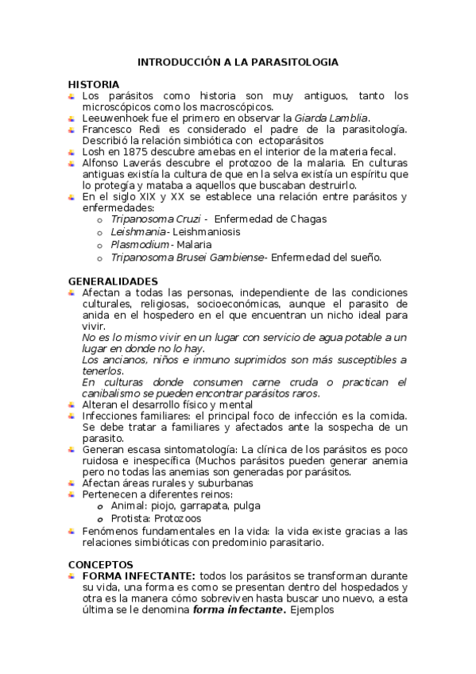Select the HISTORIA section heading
point(94,84)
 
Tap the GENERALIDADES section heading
point(113,281)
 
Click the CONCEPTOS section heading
point(100,564)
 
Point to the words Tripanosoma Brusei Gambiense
point(189,258)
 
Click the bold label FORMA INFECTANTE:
point(138,575)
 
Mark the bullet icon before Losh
point(72,152)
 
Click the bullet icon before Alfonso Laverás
point(72,163)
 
